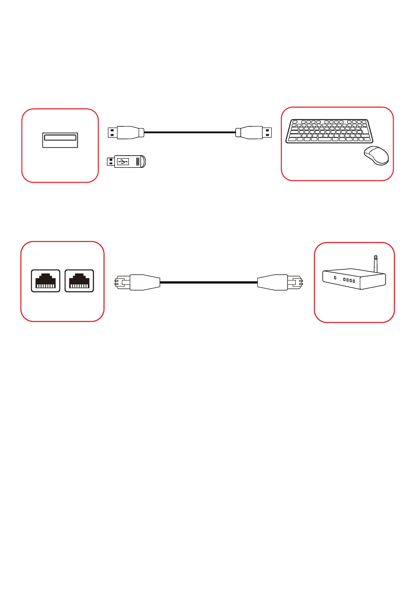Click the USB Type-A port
(60, 140)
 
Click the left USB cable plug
(130, 132)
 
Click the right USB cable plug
(249, 132)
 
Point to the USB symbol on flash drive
(123, 162)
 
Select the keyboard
(329, 131)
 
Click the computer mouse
(377, 155)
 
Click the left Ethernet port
(45, 281)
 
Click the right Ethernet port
(79, 281)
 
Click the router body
(353, 279)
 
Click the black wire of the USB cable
(190, 132)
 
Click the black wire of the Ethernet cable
(209, 283)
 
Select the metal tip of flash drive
(111, 162)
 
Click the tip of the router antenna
(375, 257)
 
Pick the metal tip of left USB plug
(112, 132)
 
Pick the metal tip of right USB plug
(267, 132)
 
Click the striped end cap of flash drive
(141, 162)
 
